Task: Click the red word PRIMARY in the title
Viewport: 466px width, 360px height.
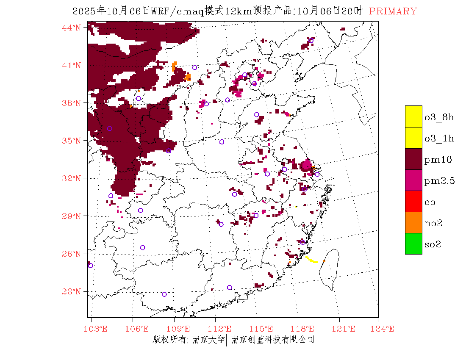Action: point(393,11)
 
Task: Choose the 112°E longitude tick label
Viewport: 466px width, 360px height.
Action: point(222,329)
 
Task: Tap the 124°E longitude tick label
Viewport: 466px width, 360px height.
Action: point(384,329)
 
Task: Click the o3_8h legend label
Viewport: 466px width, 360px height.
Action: point(439,117)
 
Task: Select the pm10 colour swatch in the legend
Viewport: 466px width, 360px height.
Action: point(413,159)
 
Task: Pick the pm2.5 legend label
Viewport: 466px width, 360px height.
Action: point(439,181)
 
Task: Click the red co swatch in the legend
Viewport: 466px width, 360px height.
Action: point(413,201)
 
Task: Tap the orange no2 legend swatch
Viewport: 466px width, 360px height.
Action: point(413,222)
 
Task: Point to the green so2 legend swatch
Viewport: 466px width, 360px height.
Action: point(413,244)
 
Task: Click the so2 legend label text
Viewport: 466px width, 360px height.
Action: point(433,244)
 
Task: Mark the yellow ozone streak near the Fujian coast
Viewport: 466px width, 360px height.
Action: point(311,259)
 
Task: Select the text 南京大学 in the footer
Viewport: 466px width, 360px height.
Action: point(208,340)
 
